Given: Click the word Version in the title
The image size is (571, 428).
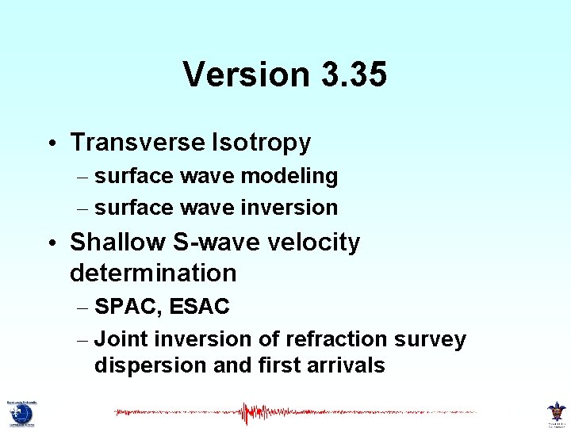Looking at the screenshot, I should (246, 75).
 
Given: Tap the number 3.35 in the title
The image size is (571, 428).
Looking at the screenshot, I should (354, 75).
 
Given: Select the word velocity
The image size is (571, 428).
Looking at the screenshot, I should (310, 242).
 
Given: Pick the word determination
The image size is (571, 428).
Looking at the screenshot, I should (153, 273).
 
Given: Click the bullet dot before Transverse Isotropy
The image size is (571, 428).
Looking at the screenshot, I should (50, 144).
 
